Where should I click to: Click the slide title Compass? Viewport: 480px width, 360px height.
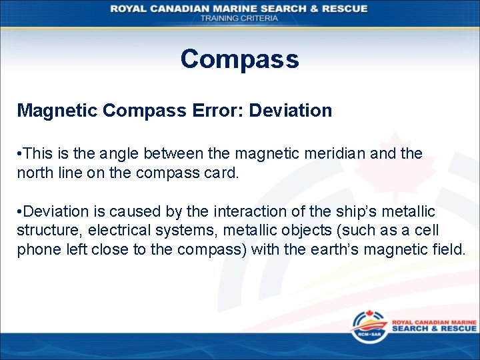239,59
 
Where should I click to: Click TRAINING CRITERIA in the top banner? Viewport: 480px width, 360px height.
239,18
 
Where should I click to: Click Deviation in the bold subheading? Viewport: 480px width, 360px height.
290,111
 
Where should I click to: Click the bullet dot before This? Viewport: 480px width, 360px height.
20,154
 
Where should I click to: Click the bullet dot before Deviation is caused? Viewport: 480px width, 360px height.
20,212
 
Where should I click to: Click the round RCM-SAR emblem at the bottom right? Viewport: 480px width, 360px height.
365,329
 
